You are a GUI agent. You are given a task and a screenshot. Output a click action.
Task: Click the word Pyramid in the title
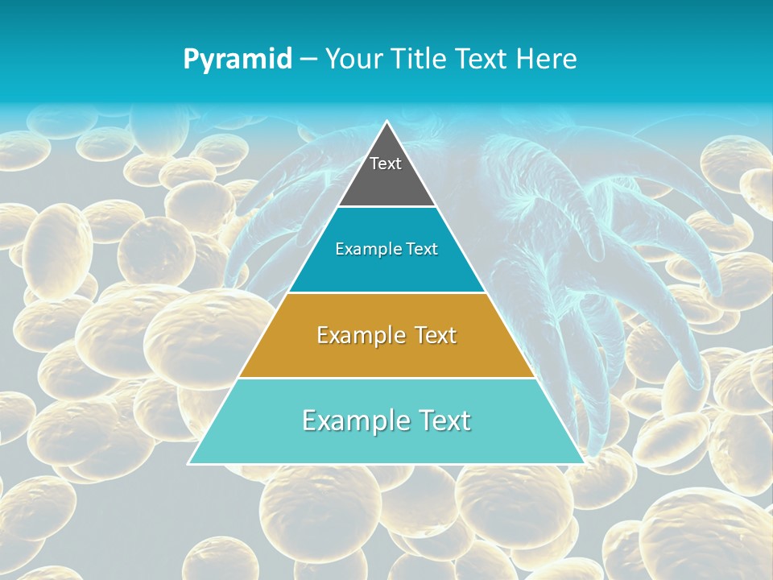(x=238, y=60)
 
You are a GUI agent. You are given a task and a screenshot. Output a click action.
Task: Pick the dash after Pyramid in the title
(x=308, y=60)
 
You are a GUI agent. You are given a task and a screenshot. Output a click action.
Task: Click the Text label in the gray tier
(x=386, y=164)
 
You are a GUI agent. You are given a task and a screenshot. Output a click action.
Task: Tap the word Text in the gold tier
(x=434, y=335)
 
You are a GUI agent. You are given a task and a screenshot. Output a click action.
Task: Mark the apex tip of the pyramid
(x=386, y=122)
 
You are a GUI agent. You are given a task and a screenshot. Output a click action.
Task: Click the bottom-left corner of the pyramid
(x=189, y=463)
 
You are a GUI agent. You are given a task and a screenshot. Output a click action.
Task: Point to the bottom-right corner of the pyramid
(x=584, y=463)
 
